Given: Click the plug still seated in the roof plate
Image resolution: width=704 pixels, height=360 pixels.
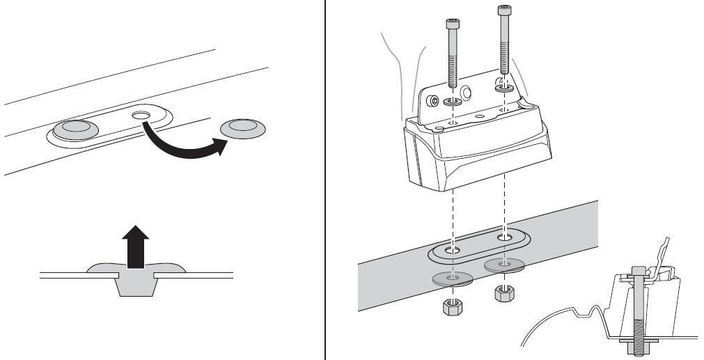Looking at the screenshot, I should pos(76,128).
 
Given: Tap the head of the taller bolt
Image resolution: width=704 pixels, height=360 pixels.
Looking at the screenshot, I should pos(502,10).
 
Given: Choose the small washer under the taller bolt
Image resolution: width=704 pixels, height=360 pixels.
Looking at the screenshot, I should pos(503,88).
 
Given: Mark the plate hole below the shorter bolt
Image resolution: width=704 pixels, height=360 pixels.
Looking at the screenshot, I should pos(453,249).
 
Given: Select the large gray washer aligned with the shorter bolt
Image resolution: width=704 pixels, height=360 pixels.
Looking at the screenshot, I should pos(453,278).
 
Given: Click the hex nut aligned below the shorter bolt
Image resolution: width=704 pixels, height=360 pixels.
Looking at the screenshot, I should pos(453,306).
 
